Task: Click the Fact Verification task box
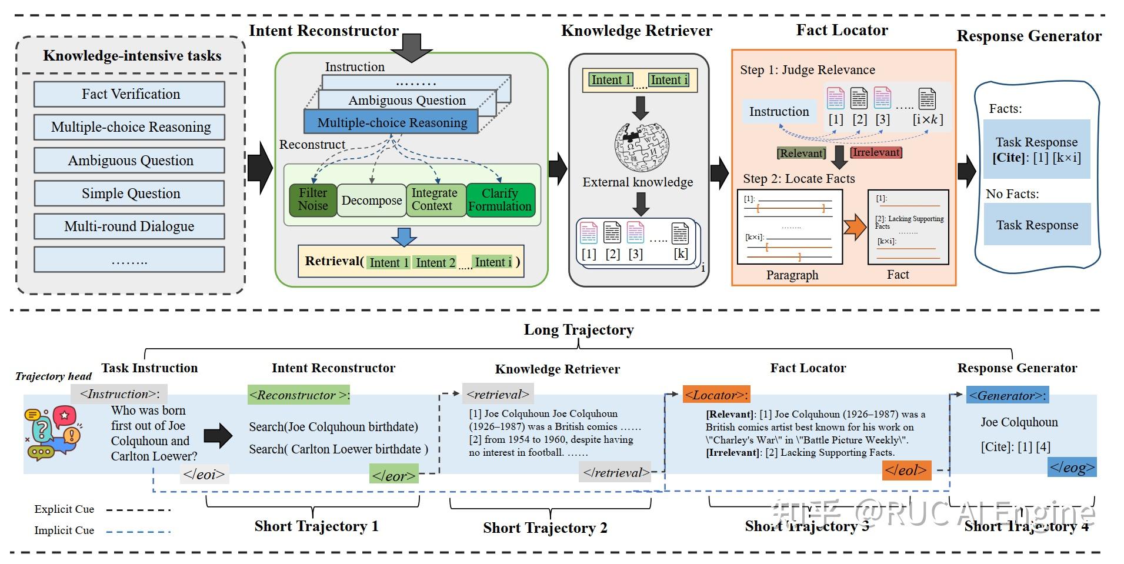tap(129, 94)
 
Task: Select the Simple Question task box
tap(129, 193)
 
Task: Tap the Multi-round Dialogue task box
tap(129, 226)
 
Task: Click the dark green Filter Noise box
tap(313, 200)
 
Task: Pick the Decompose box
tap(372, 201)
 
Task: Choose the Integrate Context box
tap(434, 200)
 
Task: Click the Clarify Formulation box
tap(501, 200)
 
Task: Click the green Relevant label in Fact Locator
tap(801, 153)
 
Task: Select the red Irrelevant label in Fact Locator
tap(876, 152)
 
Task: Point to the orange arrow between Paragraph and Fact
tap(855, 228)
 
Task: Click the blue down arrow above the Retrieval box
tap(404, 236)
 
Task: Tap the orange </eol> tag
tap(906, 470)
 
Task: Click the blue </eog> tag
tap(1072, 468)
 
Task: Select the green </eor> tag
tap(394, 474)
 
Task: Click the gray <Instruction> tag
tap(119, 394)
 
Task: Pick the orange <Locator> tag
tap(716, 395)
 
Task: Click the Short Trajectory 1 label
tap(316, 526)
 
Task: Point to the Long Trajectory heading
tap(579, 330)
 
